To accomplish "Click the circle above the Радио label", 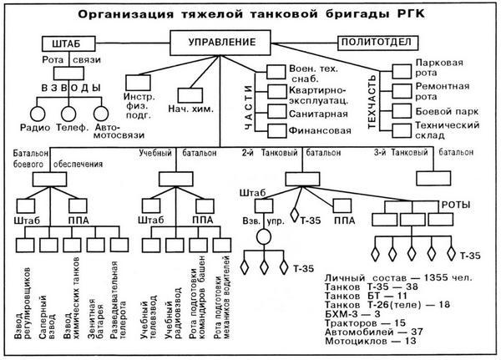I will pyautogui.click(x=36, y=113).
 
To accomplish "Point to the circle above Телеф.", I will pyautogui.click(x=69, y=113).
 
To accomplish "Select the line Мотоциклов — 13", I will pyautogui.click(x=360, y=341).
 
